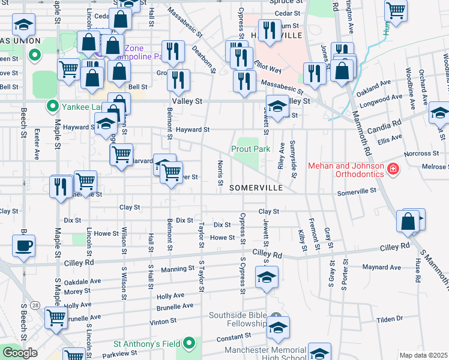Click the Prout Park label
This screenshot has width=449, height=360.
[250, 149]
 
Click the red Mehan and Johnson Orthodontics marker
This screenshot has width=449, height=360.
[393, 170]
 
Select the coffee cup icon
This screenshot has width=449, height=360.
[24, 246]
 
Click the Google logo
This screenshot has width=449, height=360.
[20, 353]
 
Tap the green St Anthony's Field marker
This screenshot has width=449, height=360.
[190, 344]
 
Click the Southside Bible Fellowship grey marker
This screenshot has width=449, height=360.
[276, 316]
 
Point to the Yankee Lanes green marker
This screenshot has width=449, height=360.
[52, 108]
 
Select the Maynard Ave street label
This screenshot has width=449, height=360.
[382, 267]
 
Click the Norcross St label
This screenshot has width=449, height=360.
[417, 154]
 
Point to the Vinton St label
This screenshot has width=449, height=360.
[163, 321]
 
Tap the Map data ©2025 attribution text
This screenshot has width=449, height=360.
[424, 355]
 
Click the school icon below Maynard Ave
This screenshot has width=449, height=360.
[267, 278]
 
